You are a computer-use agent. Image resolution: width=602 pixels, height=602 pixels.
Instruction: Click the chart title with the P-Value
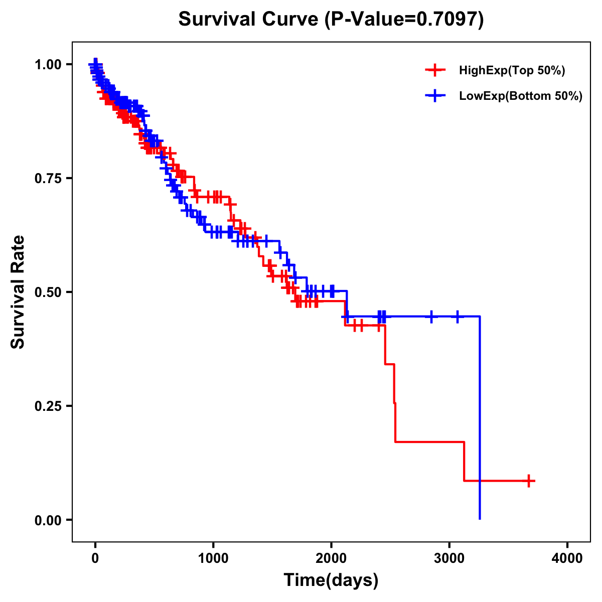coord(331,20)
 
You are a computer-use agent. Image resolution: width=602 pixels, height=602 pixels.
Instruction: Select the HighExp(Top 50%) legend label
coord(512,71)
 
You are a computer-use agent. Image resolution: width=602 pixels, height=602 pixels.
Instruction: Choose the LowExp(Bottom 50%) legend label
coord(521,96)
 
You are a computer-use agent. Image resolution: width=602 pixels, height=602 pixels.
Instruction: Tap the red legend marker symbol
coord(435,70)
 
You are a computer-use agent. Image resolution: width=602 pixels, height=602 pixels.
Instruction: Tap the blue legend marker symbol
coord(435,96)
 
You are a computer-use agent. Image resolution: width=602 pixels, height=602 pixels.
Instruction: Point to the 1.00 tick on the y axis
coord(48,65)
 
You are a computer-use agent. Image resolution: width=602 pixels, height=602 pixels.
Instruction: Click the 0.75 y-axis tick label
coord(48,179)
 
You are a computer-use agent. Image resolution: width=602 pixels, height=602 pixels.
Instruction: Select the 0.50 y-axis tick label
coord(48,292)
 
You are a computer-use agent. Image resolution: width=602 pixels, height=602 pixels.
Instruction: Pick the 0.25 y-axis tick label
coord(48,406)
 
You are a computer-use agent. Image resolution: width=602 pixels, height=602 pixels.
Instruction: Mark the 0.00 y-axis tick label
coord(48,520)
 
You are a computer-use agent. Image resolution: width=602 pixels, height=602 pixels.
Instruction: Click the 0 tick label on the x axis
coord(95,558)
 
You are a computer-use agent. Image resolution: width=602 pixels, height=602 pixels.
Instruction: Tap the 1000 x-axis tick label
coord(213,558)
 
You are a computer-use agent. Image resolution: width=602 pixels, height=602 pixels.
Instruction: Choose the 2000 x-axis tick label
coord(331,558)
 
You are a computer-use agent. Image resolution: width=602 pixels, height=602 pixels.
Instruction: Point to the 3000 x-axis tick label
coord(449,558)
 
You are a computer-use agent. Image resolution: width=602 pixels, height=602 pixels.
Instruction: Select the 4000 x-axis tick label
coord(567,558)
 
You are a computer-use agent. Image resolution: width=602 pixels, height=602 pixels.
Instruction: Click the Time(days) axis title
coord(331,580)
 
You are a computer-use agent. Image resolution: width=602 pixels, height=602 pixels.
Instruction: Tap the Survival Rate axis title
coord(18,292)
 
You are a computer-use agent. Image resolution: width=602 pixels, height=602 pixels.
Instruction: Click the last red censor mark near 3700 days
coord(528,481)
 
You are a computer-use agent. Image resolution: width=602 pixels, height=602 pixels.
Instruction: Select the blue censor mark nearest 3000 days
coord(457,317)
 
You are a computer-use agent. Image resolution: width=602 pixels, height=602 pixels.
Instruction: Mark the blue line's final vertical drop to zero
coord(480,416)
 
